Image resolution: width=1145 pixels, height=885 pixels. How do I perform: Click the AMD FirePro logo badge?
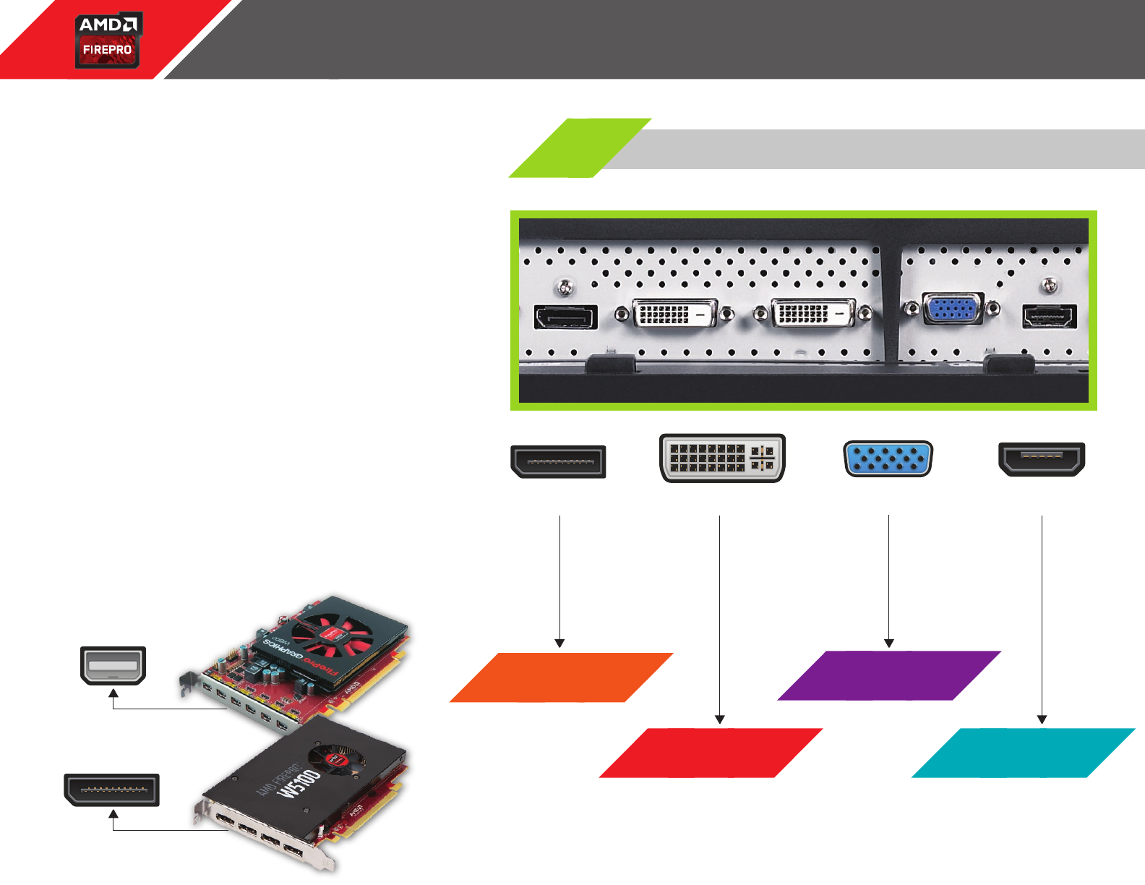coord(108,40)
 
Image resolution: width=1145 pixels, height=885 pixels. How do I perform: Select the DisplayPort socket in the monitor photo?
coord(565,317)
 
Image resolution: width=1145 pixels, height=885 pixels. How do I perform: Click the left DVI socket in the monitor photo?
coord(674,314)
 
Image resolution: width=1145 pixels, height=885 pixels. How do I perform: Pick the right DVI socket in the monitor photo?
coord(813,314)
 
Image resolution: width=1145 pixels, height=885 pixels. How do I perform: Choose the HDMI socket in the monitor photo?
coord(1049,317)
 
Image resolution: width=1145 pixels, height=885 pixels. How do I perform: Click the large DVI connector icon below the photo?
coord(722,458)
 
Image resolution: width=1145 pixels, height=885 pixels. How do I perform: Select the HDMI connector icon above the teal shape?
coord(1042,459)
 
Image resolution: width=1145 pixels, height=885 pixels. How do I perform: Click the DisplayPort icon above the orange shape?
coord(558,462)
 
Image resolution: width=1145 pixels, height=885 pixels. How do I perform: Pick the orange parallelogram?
coord(561,677)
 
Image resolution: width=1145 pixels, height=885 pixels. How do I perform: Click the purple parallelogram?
coord(888,676)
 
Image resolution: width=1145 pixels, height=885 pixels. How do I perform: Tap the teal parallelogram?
coord(1023,753)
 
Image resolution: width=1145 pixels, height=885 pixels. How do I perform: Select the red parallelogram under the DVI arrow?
coord(711,753)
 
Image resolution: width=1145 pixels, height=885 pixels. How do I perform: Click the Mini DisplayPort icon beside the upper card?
coord(113,665)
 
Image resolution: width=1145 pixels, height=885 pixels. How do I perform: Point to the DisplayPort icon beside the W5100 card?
coord(112,790)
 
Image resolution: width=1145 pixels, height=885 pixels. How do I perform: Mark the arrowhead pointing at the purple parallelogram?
coord(888,644)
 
